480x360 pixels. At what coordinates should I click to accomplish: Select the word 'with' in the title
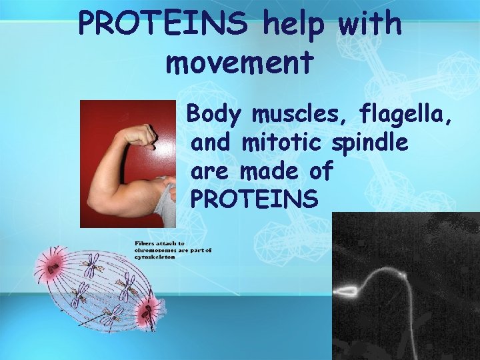371,24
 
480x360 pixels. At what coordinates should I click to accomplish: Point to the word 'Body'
213,115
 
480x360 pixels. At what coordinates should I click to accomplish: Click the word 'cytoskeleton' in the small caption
153,257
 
